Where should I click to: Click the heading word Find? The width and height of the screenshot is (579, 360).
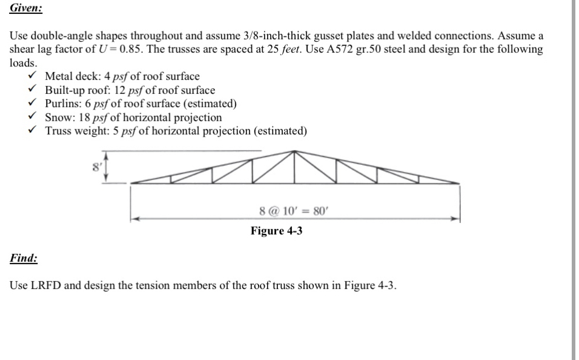23,258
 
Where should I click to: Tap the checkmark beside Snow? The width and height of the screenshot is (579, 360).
37,117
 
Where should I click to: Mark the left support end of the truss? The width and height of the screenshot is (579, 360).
131,182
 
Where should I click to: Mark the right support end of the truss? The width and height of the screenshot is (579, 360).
460,182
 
